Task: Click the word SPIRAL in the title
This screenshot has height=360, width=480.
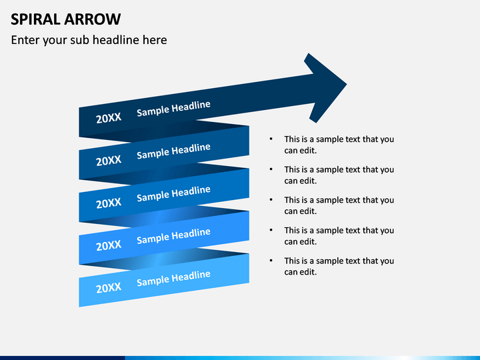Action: (x=35, y=19)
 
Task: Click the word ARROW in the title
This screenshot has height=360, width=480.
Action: (x=93, y=19)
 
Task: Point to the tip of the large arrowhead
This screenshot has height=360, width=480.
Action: (x=347, y=84)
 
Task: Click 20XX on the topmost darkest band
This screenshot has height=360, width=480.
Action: (x=109, y=118)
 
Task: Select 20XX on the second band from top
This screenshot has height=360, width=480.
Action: (x=109, y=161)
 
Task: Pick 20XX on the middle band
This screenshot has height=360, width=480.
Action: (x=109, y=203)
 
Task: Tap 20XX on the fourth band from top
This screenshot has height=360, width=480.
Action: (x=109, y=245)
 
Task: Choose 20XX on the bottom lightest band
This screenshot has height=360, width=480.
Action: (x=109, y=288)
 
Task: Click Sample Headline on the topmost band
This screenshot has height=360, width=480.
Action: (x=173, y=109)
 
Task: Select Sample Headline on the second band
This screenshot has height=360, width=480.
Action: (x=173, y=151)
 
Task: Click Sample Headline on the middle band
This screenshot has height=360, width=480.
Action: (x=173, y=193)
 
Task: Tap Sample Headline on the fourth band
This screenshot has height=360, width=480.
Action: (x=173, y=236)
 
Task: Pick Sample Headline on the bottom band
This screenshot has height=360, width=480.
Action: (x=173, y=279)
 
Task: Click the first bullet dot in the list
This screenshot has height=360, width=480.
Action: (x=271, y=139)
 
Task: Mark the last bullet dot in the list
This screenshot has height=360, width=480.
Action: (x=271, y=261)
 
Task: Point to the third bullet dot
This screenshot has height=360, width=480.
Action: (x=271, y=199)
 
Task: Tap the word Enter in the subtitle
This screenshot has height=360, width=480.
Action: (x=25, y=40)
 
